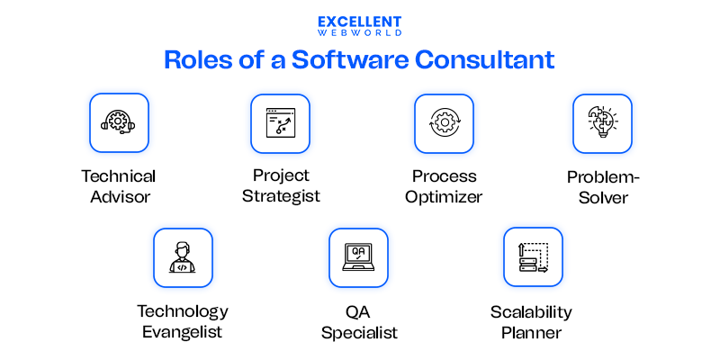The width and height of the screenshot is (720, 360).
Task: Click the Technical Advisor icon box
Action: coord(119,122)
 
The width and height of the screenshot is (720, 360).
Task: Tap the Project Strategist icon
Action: coord(280,123)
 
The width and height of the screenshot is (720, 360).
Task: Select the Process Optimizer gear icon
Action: coord(444,123)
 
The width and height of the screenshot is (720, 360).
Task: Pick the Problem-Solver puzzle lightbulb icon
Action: coord(602,123)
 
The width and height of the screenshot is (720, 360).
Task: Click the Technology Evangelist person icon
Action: coord(183,257)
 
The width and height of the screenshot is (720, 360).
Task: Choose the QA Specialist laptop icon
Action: coord(358,257)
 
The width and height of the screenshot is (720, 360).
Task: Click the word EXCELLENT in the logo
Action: coord(360,21)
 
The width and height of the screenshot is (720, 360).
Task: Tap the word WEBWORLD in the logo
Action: coord(360,32)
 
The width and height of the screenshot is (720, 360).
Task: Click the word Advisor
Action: coord(119,196)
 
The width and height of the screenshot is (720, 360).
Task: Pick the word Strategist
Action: coord(281,195)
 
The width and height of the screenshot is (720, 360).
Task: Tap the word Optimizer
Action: coord(444,196)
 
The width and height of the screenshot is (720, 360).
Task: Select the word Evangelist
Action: coord(182,332)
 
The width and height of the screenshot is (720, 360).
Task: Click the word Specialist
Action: coord(359,332)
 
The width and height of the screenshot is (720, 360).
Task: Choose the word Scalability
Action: coord(531,312)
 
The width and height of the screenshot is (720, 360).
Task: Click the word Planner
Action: coord(531,332)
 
